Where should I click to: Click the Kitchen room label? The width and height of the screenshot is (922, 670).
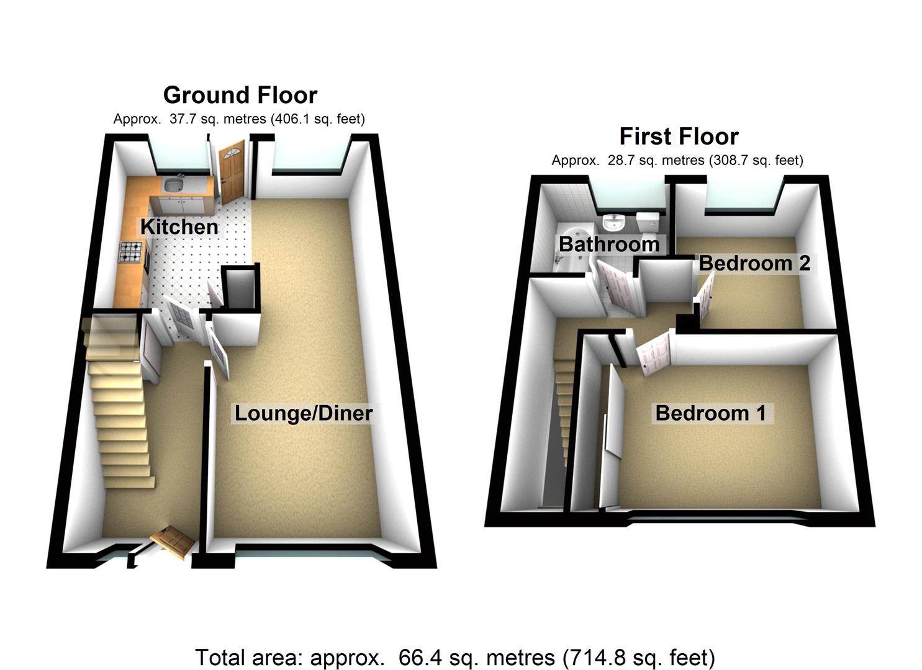(179, 227)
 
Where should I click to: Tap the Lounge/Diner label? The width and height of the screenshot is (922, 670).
(303, 413)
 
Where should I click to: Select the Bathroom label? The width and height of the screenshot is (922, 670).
(608, 244)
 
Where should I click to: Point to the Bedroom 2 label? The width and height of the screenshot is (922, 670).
(754, 263)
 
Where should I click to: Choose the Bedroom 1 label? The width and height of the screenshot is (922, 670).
(710, 413)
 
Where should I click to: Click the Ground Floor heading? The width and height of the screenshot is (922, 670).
(240, 95)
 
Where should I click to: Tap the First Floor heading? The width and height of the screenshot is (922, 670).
(679, 136)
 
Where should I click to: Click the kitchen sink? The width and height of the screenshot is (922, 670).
(172, 184)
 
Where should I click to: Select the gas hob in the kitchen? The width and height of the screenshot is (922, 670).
(131, 251)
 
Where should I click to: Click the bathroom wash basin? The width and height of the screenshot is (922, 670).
(613, 221)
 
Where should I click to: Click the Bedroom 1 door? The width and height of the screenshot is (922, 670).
(654, 352)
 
